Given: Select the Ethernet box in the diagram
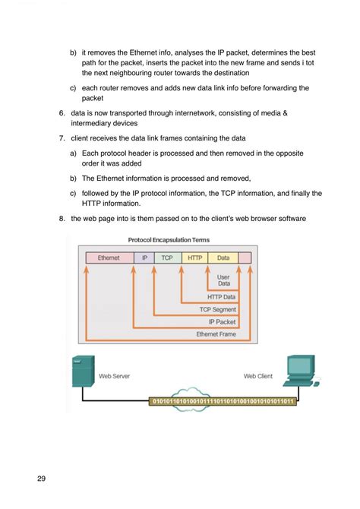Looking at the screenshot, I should coord(109,258).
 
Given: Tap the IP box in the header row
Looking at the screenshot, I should coord(144,258).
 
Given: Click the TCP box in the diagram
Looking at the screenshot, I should coord(167,258).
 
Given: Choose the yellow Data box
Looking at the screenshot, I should coord(223,258).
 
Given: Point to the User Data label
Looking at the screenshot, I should coord(223,281).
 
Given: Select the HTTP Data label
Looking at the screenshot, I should coord(221,297).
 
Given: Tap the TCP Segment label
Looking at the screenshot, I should coord(218,309).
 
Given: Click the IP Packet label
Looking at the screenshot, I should coord(222,321).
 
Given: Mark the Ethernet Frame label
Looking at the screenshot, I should coord(216,334).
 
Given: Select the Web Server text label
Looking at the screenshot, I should coord(115,375).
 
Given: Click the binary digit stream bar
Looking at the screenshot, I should coord(224,400).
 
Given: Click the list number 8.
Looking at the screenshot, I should coord(62,219).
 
